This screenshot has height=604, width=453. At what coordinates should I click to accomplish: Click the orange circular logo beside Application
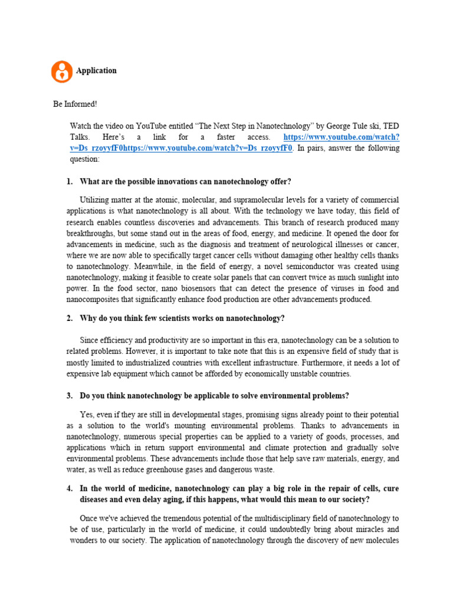(61, 71)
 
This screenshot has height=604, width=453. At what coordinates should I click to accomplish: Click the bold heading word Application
(96, 70)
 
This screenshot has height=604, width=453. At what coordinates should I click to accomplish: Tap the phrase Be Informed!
(75, 104)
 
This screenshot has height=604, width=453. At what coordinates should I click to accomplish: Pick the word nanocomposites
(94, 300)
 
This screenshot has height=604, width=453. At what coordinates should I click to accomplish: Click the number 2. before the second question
(69, 319)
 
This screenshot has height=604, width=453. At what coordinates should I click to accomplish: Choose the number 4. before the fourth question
(69, 488)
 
